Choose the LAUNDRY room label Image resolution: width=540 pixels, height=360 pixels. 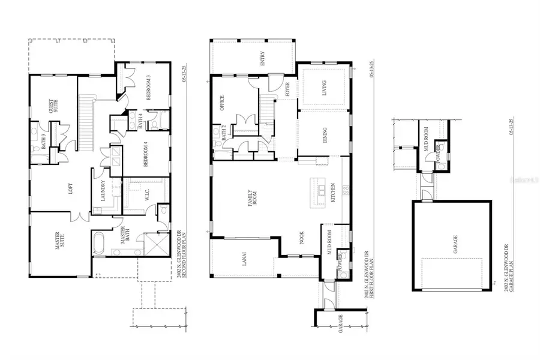(103, 191)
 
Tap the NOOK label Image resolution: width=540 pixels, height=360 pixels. (302, 240)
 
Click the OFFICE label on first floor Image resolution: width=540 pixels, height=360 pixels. (221, 104)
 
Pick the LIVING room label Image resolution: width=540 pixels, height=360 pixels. (324, 88)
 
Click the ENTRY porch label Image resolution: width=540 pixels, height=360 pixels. (262, 59)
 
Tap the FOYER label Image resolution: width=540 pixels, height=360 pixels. (289, 89)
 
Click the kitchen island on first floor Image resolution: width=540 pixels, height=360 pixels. (316, 193)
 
